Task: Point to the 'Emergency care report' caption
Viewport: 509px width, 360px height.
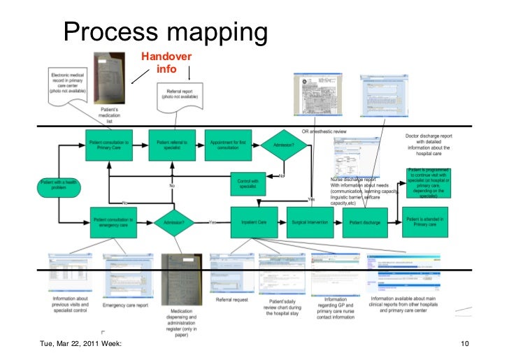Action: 126,305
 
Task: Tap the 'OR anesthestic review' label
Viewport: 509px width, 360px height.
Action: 324,131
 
